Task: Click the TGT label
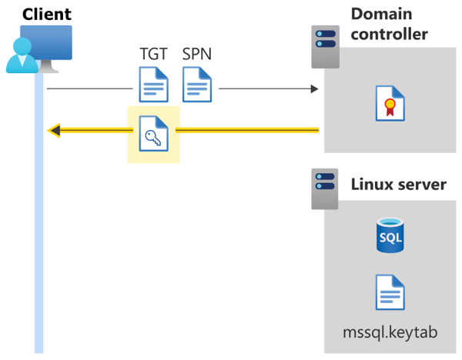152,55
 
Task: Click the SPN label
197,55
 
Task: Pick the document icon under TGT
153,85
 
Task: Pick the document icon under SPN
197,85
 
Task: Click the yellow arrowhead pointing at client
54,130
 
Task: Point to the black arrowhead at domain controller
314,89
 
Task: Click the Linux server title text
398,185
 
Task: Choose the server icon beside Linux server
324,189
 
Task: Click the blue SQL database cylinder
390,235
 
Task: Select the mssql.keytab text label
390,332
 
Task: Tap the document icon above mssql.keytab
390,292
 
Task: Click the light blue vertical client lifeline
38,231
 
